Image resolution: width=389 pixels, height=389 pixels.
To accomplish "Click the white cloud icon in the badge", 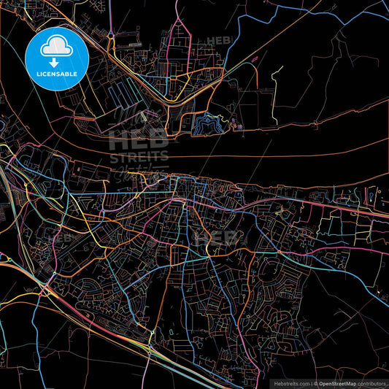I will (56, 46).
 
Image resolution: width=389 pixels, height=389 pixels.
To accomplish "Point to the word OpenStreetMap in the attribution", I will (342, 382).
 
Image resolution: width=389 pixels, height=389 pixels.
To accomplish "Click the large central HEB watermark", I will (139, 142).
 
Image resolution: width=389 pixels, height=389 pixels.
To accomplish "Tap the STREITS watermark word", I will (139, 156).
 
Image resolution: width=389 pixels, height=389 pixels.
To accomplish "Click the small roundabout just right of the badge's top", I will (110, 34).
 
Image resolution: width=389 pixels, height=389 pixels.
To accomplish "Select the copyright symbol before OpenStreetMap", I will (316, 382).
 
